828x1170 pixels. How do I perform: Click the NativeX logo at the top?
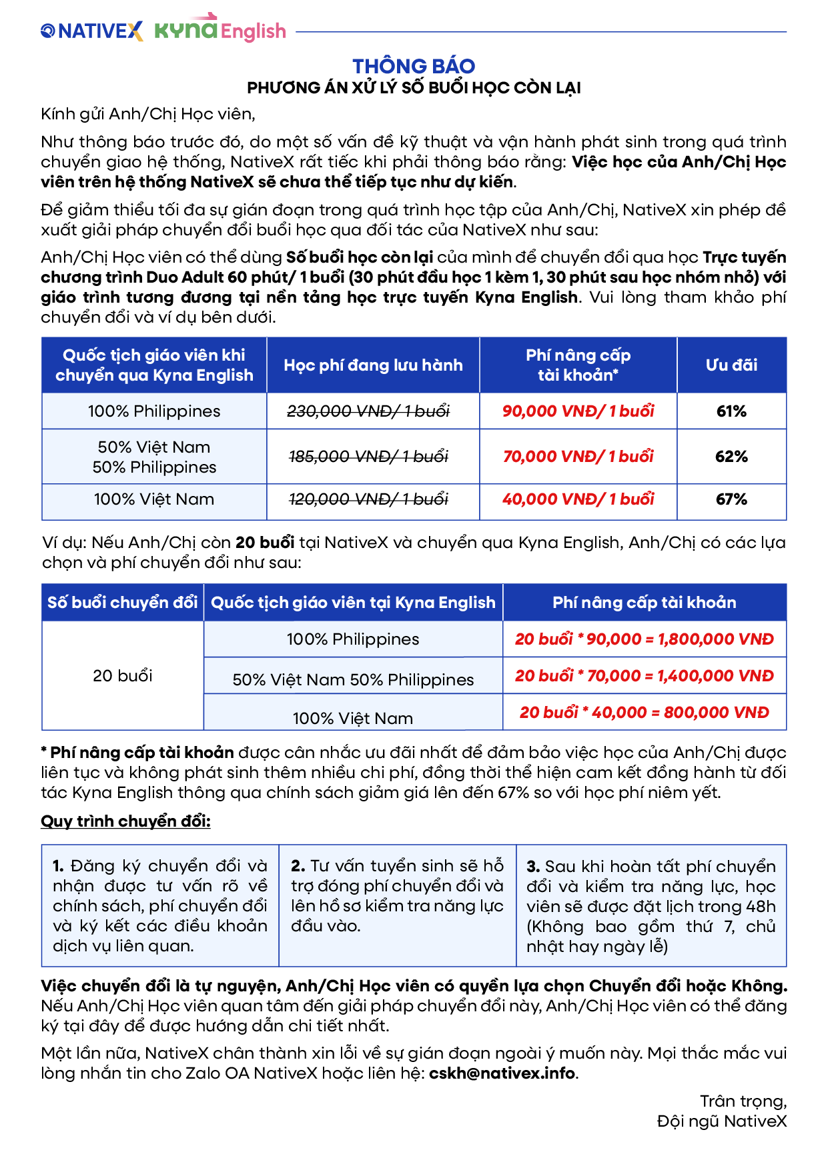pyautogui.click(x=92, y=31)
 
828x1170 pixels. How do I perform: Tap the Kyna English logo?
pyautogui.click(x=220, y=29)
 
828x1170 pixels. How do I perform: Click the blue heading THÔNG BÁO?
pyautogui.click(x=414, y=66)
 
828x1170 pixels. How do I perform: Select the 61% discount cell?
pyautogui.click(x=731, y=411)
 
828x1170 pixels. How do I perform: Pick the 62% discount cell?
pyautogui.click(x=731, y=457)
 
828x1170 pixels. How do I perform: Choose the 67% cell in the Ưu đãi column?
pyautogui.click(x=731, y=499)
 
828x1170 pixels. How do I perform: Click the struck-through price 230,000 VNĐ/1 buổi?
pyautogui.click(x=368, y=411)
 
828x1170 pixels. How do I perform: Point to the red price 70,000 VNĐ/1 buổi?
pyautogui.click(x=578, y=457)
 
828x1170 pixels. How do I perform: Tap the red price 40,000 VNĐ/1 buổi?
pyautogui.click(x=578, y=499)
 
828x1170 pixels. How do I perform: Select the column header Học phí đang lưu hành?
pyautogui.click(x=373, y=365)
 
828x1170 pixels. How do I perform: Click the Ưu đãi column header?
pyautogui.click(x=731, y=365)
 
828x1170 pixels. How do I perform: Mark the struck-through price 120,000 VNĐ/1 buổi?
pyautogui.click(x=368, y=499)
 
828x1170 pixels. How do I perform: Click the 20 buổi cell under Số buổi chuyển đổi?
pyautogui.click(x=123, y=676)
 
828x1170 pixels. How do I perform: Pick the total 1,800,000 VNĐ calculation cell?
pyautogui.click(x=644, y=639)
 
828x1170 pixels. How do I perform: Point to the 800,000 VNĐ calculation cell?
pyautogui.click(x=644, y=713)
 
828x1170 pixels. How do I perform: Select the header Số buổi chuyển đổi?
pyautogui.click(x=123, y=603)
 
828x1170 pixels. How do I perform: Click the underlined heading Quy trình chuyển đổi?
pyautogui.click(x=125, y=821)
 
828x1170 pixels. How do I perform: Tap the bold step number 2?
pyautogui.click(x=298, y=866)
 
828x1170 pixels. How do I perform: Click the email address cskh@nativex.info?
pyautogui.click(x=502, y=1073)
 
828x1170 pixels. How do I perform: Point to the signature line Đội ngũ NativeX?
pyautogui.click(x=721, y=1121)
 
